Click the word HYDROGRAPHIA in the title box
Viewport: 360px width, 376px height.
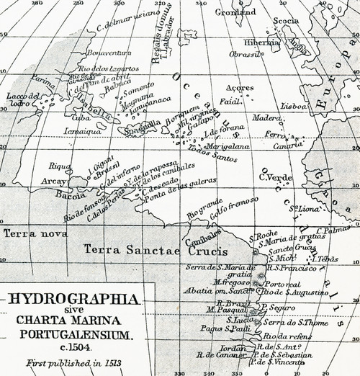coord(71,298)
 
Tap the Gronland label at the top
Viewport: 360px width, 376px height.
coord(235,12)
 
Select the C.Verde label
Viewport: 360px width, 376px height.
coord(274,177)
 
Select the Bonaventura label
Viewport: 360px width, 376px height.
coord(108,53)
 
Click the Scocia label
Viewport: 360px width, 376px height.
coord(285,21)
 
